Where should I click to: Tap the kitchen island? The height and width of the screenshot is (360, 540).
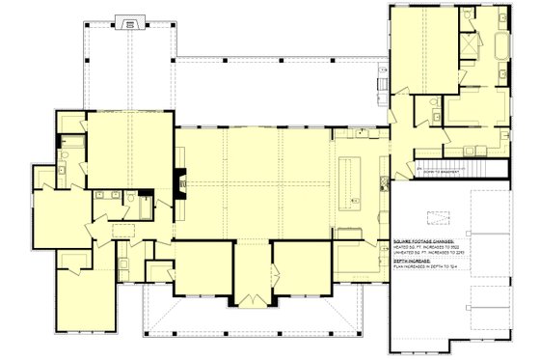pos(348,181)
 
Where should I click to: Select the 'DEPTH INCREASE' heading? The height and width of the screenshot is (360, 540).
pos(412,260)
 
